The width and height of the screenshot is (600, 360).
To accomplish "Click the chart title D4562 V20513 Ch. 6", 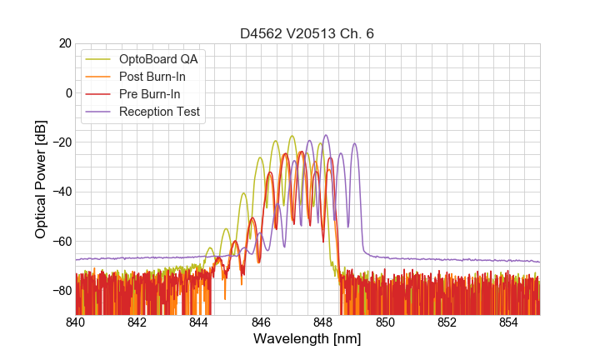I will point(307,33).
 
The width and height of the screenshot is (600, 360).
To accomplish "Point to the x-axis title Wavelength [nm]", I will point(307,340).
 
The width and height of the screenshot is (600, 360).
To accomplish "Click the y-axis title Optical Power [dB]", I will point(41,179).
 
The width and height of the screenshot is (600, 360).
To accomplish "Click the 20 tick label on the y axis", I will point(63,43).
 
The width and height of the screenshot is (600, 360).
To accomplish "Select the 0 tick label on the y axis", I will point(67,92).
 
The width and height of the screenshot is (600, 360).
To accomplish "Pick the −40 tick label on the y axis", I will point(60,192).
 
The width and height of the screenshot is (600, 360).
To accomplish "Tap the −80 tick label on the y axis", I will point(60,291).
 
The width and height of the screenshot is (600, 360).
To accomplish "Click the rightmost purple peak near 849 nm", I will point(355,144).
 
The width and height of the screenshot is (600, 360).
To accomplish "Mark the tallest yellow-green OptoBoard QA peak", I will point(292,137).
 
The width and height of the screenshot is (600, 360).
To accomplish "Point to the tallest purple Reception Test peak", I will point(326,136).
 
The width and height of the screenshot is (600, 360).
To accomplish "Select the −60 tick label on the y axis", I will point(60,242).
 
